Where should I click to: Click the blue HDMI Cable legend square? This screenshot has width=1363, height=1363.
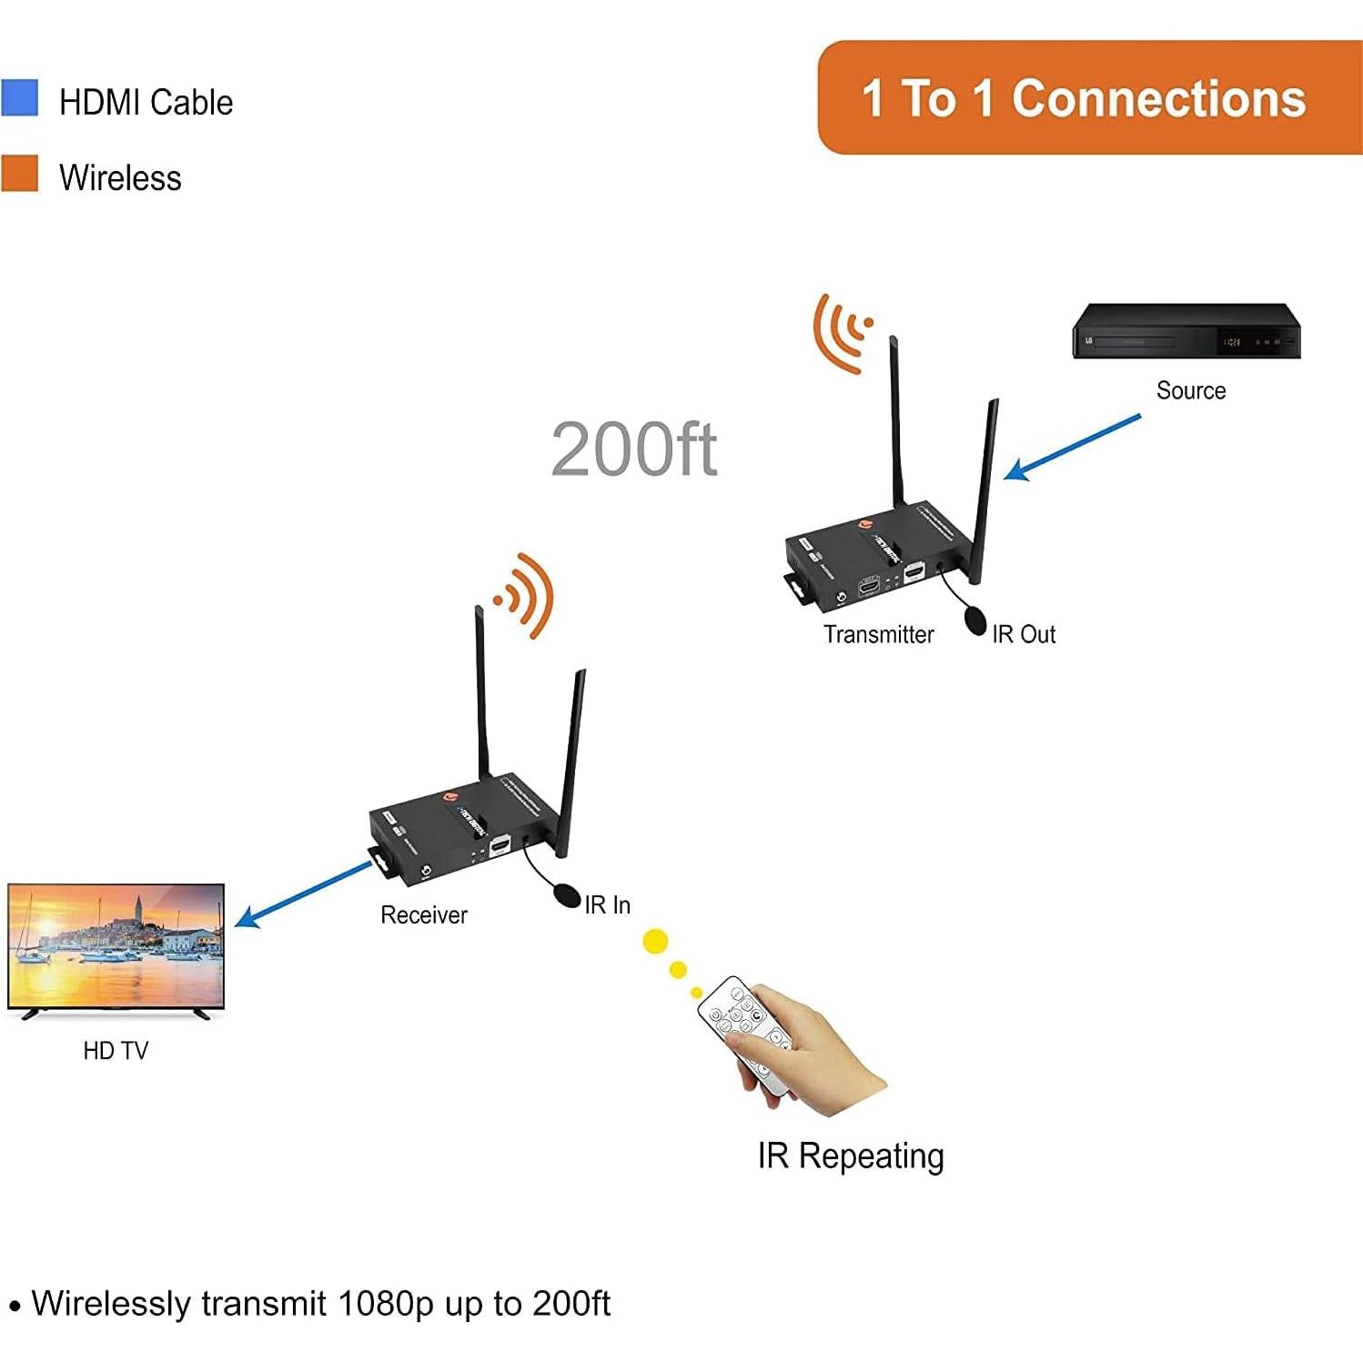[19, 98]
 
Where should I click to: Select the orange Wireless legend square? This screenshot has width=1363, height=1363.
[19, 173]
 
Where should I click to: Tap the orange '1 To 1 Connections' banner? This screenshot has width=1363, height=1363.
[1083, 98]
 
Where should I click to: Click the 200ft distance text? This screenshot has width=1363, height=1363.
[634, 449]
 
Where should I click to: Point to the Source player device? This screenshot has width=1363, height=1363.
[1186, 332]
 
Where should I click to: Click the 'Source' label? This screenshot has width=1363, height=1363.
[1190, 390]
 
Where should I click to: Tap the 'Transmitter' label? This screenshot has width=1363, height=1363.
[878, 634]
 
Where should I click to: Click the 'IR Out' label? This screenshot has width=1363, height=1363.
[1024, 634]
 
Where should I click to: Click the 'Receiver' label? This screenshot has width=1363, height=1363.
[423, 914]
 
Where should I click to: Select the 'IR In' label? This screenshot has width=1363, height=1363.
[607, 904]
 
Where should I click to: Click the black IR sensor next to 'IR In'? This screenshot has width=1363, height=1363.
[567, 895]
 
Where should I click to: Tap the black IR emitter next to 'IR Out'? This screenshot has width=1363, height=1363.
[975, 621]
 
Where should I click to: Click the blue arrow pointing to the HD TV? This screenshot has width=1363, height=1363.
[303, 895]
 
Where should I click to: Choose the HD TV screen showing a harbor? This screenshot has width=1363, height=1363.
[116, 946]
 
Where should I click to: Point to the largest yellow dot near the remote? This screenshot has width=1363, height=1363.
[655, 942]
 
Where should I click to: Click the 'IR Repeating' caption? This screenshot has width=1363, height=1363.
[851, 1156]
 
